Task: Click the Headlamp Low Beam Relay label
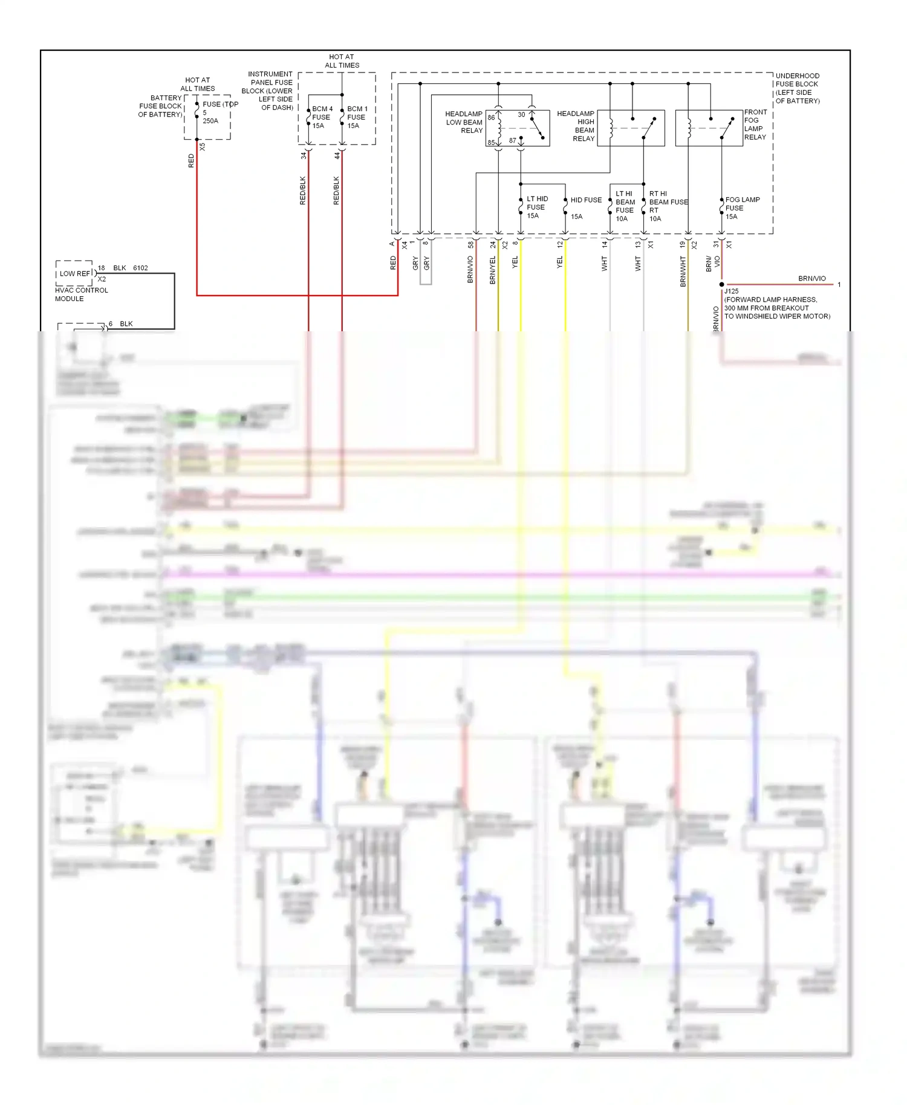pyautogui.click(x=464, y=122)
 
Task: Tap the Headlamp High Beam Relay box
pyautogui.click(x=631, y=128)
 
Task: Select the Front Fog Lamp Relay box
pyautogui.click(x=709, y=128)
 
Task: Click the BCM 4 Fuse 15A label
pyautogui.click(x=322, y=117)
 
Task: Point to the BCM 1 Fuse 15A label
pyautogui.click(x=357, y=117)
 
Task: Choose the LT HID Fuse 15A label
pyautogui.click(x=536, y=207)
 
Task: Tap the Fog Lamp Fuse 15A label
pyautogui.click(x=742, y=208)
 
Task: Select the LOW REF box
pyautogui.click(x=74, y=273)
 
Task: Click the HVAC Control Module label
pyautogui.click(x=81, y=294)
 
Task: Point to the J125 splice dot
pyautogui.click(x=721, y=284)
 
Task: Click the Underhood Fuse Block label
pyautogui.click(x=797, y=88)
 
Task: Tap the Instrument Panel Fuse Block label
pyautogui.click(x=268, y=91)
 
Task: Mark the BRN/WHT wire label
pyautogui.click(x=683, y=271)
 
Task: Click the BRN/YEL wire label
pyautogui.click(x=493, y=270)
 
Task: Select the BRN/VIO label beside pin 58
pyautogui.click(x=470, y=270)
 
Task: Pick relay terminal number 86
pyautogui.click(x=492, y=118)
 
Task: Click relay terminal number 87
pyautogui.click(x=513, y=140)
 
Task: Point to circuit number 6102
pyautogui.click(x=140, y=268)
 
